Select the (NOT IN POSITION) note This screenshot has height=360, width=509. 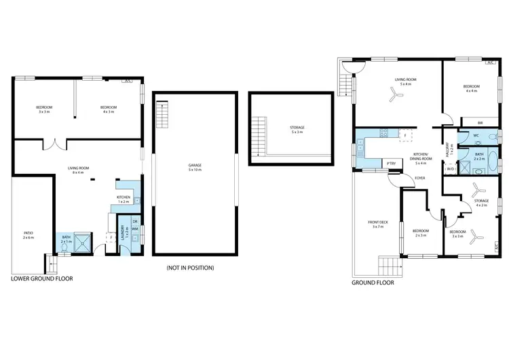(x=190, y=268)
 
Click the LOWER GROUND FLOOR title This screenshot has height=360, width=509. (x=42, y=278)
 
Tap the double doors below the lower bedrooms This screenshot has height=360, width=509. (x=52, y=145)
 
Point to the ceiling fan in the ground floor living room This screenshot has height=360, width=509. (x=396, y=96)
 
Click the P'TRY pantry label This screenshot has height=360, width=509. (x=391, y=164)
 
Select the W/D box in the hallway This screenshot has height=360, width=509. (x=451, y=169)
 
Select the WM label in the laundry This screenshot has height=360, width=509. (x=135, y=229)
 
